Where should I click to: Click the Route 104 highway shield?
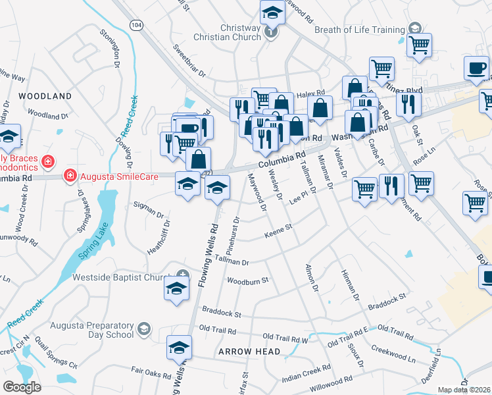[135, 25]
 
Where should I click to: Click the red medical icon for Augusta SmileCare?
[69, 175]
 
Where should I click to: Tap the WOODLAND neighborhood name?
[44, 96]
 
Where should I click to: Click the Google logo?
[22, 386]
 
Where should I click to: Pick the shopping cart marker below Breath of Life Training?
[418, 45]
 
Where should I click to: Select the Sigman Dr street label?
[149, 211]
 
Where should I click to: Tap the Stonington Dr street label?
[109, 49]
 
